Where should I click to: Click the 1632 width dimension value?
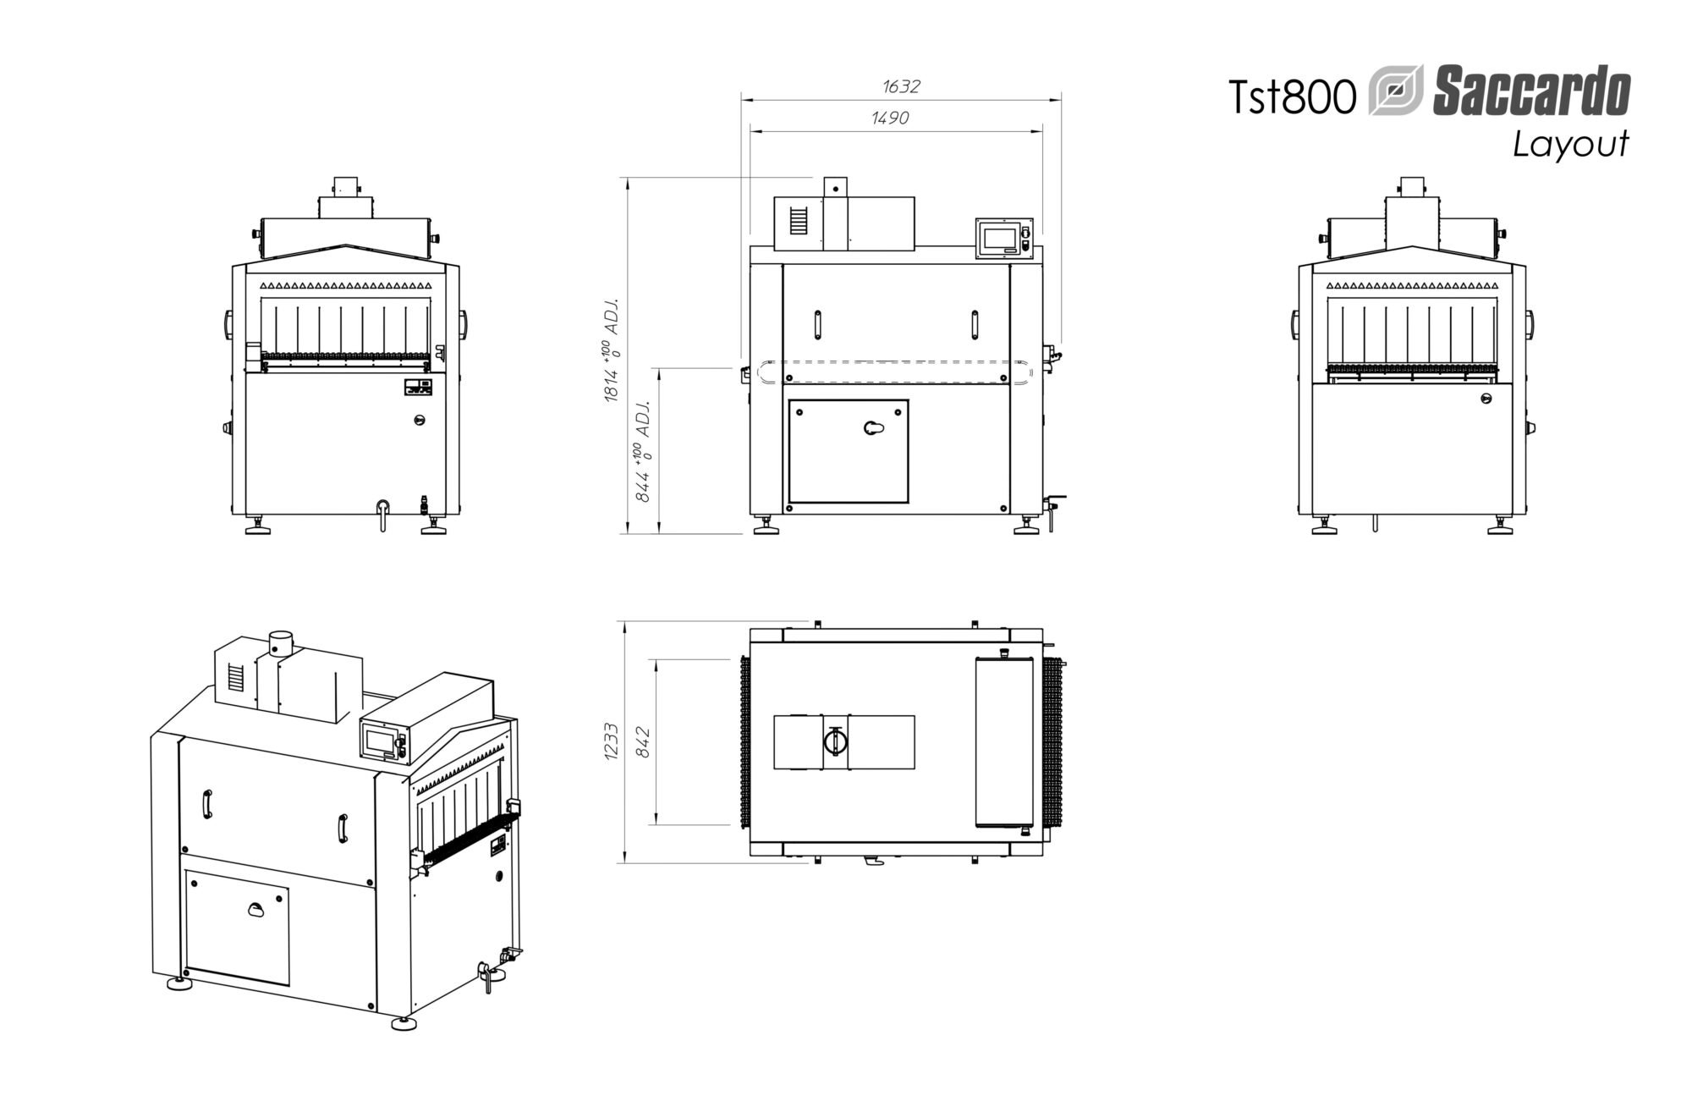pyautogui.click(x=900, y=86)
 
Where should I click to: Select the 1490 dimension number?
pyautogui.click(x=890, y=118)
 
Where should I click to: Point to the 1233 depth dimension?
pyautogui.click(x=613, y=741)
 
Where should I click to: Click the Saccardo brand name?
pyautogui.click(x=1531, y=93)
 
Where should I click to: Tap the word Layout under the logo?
pyautogui.click(x=1570, y=146)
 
